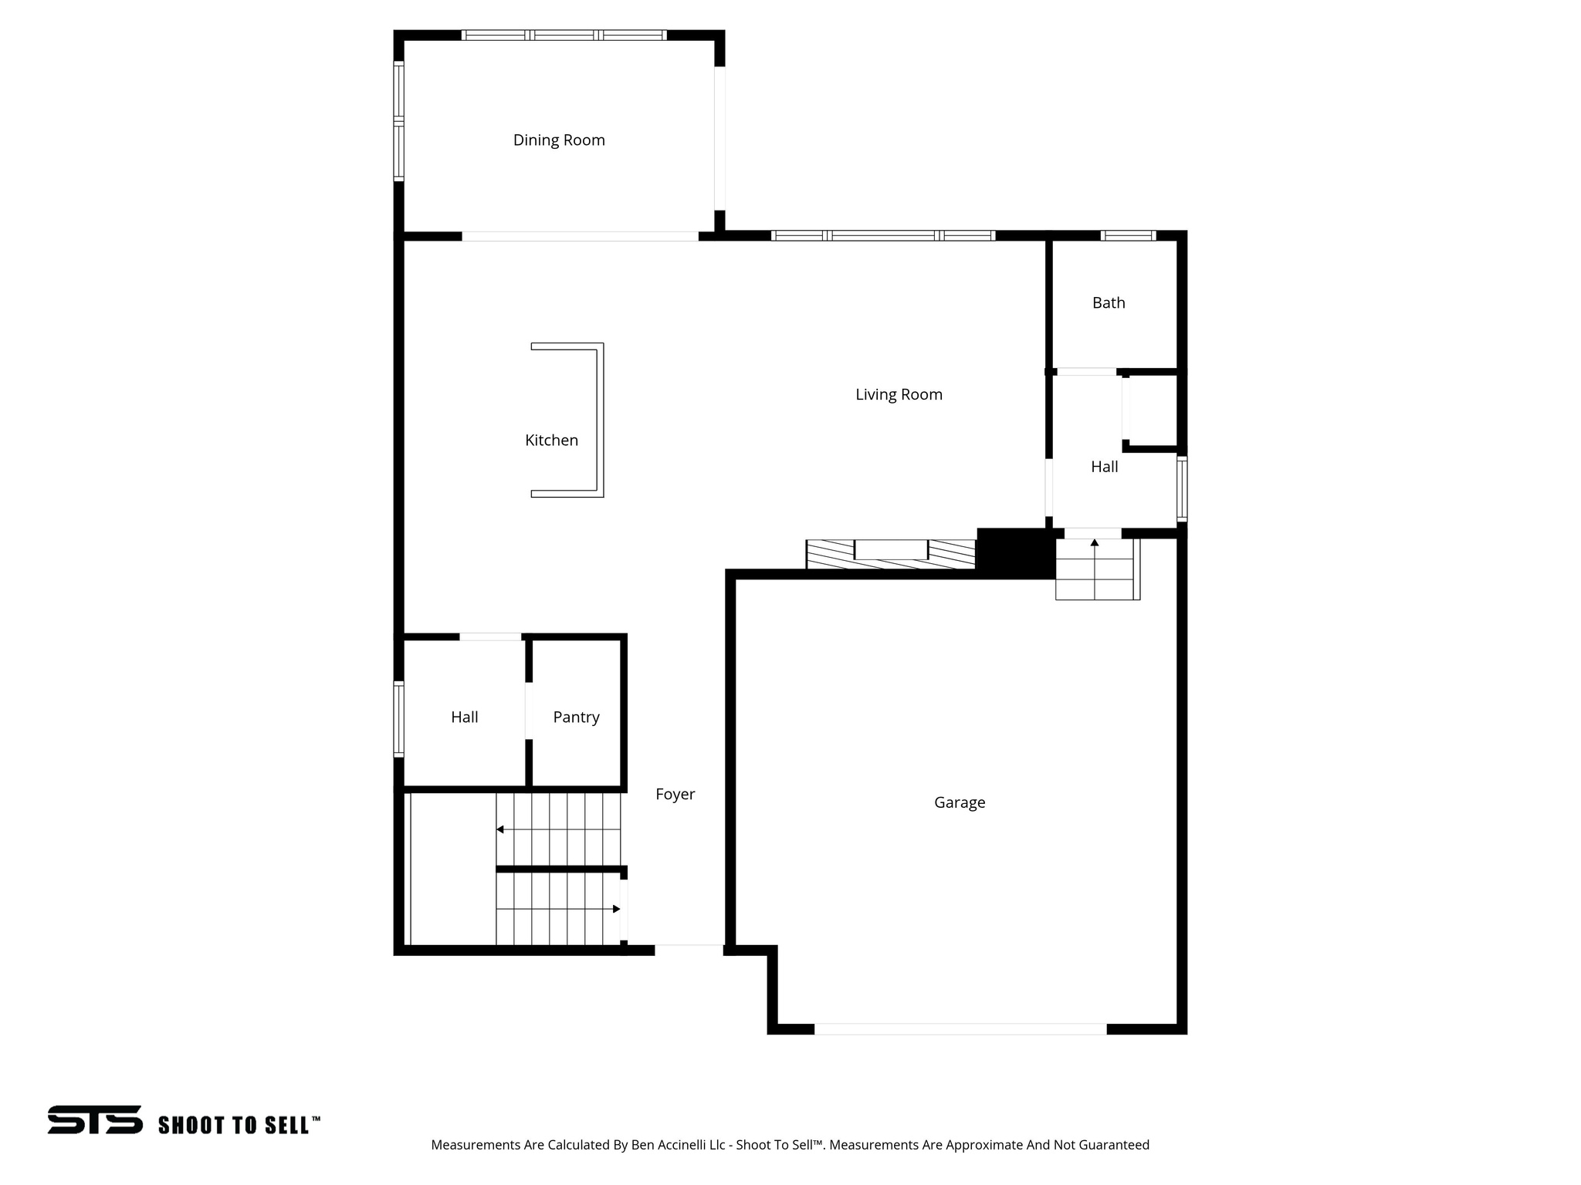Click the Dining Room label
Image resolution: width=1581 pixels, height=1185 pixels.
pyautogui.click(x=559, y=140)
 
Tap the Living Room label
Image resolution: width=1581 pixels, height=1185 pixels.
pyautogui.click(x=899, y=395)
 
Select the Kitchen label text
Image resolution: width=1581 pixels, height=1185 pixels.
pyautogui.click(x=551, y=441)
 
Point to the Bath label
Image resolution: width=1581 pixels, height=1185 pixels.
pyautogui.click(x=1109, y=303)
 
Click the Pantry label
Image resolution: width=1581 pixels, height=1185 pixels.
pyautogui.click(x=576, y=717)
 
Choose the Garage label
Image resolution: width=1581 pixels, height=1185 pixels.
pyautogui.click(x=960, y=802)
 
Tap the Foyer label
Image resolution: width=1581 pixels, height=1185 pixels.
pyautogui.click(x=675, y=795)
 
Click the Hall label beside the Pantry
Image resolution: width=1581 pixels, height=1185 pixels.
pyautogui.click(x=465, y=717)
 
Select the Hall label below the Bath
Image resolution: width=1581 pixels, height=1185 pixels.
pyautogui.click(x=1104, y=467)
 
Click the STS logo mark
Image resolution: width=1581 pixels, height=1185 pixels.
pyautogui.click(x=95, y=1119)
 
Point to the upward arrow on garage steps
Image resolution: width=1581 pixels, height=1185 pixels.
pyautogui.click(x=1095, y=543)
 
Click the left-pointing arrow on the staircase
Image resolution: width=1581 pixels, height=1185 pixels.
pyautogui.click(x=500, y=829)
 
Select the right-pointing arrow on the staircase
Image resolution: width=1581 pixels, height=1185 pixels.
pyautogui.click(x=616, y=909)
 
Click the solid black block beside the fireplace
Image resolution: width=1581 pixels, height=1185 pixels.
pyautogui.click(x=1015, y=552)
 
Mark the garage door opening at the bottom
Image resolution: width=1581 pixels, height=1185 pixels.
pyautogui.click(x=960, y=1029)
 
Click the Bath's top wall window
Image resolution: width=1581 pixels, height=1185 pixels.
pyautogui.click(x=1128, y=235)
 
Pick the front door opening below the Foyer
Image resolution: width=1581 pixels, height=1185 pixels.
pyautogui.click(x=689, y=950)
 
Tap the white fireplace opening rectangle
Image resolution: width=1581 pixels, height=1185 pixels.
pyautogui.click(x=891, y=549)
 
